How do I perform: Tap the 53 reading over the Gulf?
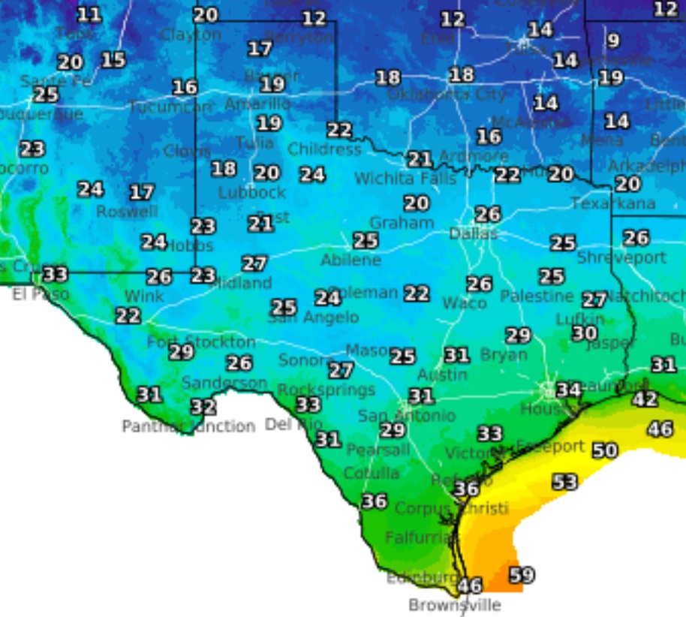pyautogui.click(x=565, y=482)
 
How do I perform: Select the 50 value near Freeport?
pyautogui.click(x=605, y=450)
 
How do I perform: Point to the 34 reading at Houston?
pyautogui.click(x=568, y=390)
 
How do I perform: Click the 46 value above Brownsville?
pyautogui.click(x=470, y=585)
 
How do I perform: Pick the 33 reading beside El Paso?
pyautogui.click(x=55, y=274)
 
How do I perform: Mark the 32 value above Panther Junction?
pyautogui.click(x=203, y=407)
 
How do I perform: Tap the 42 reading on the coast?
pyautogui.click(x=645, y=399)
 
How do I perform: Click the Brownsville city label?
pyautogui.click(x=454, y=605)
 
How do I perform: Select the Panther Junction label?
pyautogui.click(x=188, y=426)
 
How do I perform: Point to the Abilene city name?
pyautogui.click(x=351, y=260)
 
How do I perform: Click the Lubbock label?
pyautogui.click(x=252, y=192)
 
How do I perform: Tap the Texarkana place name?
pyautogui.click(x=612, y=203)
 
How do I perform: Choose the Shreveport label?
pyautogui.click(x=621, y=257)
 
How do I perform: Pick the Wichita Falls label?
pyautogui.click(x=405, y=179)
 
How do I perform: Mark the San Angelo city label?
pyautogui.click(x=314, y=318)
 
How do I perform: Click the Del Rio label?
pyautogui.click(x=293, y=425)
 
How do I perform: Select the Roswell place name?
pyautogui.click(x=127, y=212)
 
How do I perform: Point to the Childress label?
pyautogui.click(x=324, y=149)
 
